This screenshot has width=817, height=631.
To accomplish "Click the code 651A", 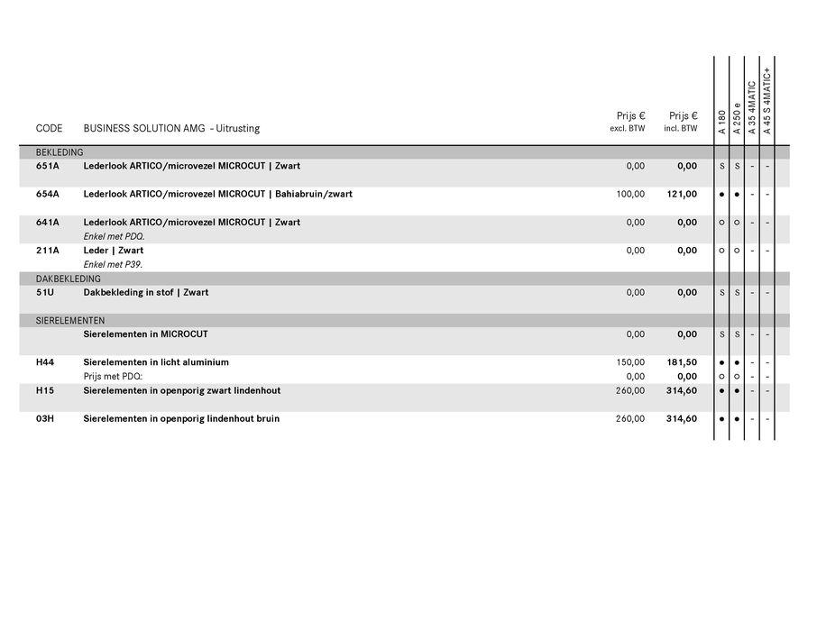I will pos(47,166).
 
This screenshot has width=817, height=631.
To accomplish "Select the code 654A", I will pos(47,194).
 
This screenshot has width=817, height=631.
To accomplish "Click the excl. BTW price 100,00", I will pos(630,194).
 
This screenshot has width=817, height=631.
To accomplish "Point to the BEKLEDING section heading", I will pos(60,152).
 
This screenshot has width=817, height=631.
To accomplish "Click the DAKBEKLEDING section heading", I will pos(68,279).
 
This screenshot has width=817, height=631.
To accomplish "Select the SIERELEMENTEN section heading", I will pos(70,320).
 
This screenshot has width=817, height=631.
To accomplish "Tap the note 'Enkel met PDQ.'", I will pos(114,236).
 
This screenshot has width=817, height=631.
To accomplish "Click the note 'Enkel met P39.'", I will pos(113,264).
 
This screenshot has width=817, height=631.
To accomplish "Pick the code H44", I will pos(45,362).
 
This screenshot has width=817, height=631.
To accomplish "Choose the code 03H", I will pos(45,418).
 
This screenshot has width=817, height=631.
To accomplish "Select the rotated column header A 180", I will pos(722,123).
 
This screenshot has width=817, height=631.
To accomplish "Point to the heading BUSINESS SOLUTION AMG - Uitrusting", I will pos(171,128).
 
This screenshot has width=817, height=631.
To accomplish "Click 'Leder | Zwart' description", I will pos(113,251).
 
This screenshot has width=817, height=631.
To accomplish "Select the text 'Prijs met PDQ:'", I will pos(113,376).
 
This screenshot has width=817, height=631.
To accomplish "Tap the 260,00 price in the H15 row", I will pos(630,390).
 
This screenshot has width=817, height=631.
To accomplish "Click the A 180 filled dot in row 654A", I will pos(722,194).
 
